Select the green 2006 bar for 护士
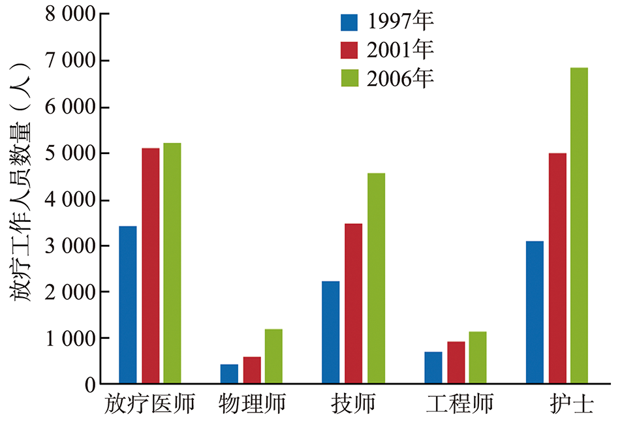pos(579,226)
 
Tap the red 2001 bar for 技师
pos(353,304)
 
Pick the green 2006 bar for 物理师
pos(273,356)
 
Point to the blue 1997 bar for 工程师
pos(433,368)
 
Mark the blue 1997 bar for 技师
pos(330,332)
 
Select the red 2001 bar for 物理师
pos(252,370)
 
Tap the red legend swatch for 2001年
pos(349,50)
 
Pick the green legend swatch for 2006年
pos(349,78)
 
